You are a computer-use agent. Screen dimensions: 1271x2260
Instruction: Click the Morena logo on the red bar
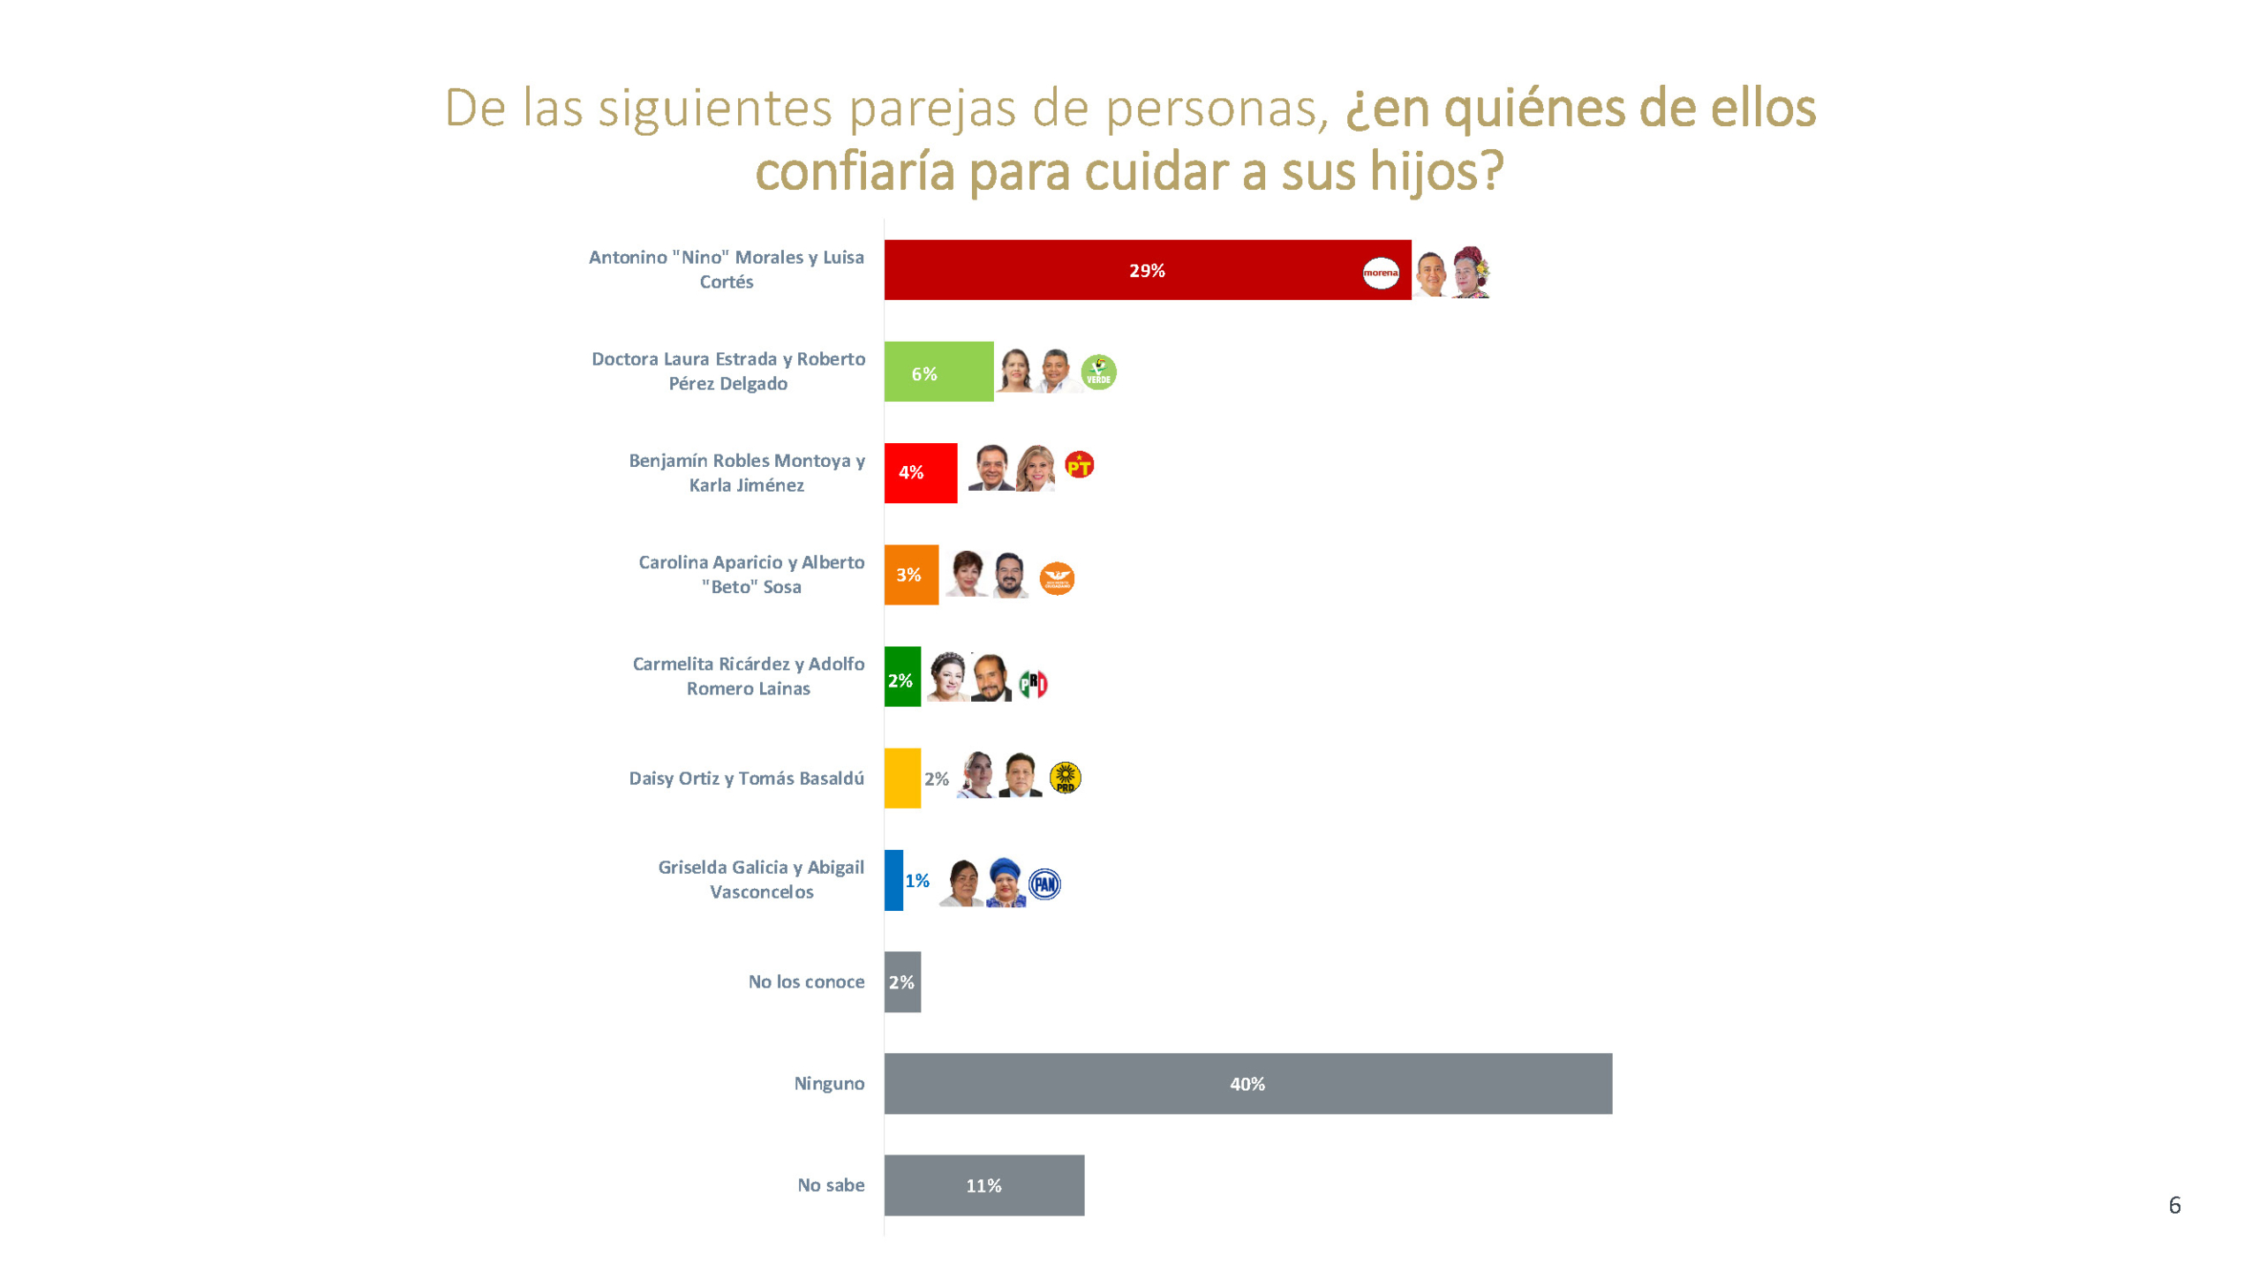click(1380, 273)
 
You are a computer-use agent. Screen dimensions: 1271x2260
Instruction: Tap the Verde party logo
click(1098, 372)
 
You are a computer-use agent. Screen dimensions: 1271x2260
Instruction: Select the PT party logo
click(1079, 464)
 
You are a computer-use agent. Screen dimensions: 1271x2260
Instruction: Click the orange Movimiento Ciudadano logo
click(1057, 578)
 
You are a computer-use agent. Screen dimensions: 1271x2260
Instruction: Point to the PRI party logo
click(1033, 683)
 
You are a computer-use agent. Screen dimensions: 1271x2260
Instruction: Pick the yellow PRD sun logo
click(1065, 778)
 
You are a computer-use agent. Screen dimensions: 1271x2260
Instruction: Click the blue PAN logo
click(1044, 883)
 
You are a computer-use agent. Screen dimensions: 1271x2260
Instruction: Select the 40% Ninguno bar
click(1247, 1083)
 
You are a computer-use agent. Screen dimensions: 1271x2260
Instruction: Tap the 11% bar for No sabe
click(983, 1185)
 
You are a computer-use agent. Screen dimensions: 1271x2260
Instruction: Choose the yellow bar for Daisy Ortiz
click(902, 778)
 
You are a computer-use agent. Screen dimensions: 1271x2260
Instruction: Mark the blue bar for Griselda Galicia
click(893, 880)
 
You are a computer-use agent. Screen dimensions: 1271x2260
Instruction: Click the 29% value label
click(1147, 271)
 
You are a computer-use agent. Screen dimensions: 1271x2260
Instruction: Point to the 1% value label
click(917, 881)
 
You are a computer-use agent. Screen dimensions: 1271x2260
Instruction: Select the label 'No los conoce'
click(806, 981)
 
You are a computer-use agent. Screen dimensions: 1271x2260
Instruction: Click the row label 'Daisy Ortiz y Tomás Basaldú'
click(746, 778)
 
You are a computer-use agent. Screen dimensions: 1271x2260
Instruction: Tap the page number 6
click(2174, 1205)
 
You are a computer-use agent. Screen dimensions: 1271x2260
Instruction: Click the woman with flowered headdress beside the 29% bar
click(1471, 272)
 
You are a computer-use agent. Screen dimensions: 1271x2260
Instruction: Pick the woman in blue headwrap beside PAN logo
click(1006, 882)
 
